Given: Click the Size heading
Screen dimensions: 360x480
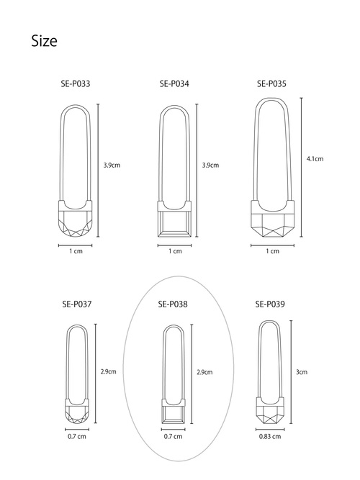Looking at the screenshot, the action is click(x=44, y=41).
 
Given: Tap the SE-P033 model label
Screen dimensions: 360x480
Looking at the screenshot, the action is click(x=76, y=84).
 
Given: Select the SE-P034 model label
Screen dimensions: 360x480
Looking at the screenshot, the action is click(x=174, y=84).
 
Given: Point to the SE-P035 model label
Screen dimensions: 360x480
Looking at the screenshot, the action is click(x=271, y=84).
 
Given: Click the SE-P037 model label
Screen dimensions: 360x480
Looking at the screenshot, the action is click(x=77, y=304).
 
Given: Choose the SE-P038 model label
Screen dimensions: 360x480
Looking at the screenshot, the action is click(x=173, y=304).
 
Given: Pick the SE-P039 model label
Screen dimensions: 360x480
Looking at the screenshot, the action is click(x=270, y=304).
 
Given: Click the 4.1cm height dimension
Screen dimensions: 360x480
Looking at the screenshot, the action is click(x=315, y=159).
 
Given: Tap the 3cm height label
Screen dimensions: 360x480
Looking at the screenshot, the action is click(x=302, y=372).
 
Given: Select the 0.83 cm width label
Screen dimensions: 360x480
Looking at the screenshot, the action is click(x=270, y=437).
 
